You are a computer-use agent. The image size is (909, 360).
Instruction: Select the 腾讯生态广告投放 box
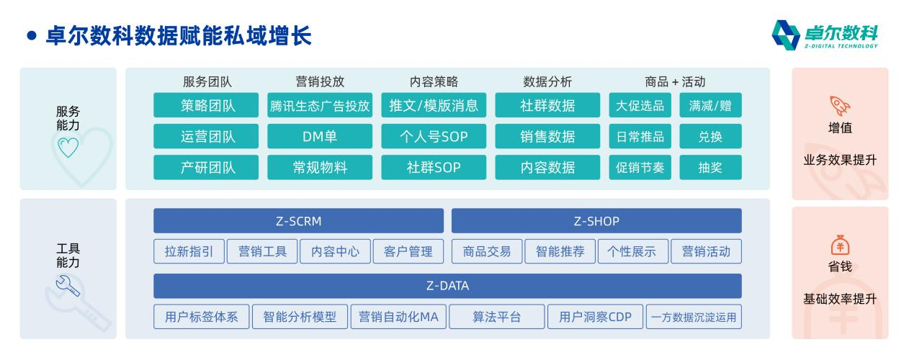click(x=320, y=106)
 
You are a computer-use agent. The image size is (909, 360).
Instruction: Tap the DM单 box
click(x=320, y=136)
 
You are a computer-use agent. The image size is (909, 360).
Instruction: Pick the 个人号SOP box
click(x=433, y=136)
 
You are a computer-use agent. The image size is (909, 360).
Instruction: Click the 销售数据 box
click(x=547, y=136)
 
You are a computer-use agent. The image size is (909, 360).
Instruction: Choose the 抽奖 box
click(x=709, y=168)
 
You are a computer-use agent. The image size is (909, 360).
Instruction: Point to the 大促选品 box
click(x=640, y=106)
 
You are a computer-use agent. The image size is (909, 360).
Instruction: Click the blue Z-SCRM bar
click(x=298, y=221)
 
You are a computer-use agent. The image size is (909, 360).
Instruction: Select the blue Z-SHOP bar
click(x=596, y=221)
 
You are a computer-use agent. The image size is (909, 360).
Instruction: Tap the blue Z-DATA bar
click(x=447, y=286)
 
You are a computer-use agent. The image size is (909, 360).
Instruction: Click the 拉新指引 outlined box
click(x=189, y=251)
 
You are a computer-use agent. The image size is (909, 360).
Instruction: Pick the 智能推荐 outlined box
click(x=560, y=251)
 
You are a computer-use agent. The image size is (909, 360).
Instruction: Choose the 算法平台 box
click(x=496, y=317)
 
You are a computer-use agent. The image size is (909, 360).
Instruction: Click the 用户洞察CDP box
click(x=595, y=317)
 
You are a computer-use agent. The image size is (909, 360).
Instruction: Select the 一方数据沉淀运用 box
click(x=694, y=317)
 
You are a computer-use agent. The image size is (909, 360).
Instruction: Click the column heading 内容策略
click(x=433, y=82)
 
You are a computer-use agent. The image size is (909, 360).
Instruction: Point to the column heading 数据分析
click(x=547, y=82)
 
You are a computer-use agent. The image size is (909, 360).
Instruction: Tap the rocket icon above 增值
click(x=839, y=106)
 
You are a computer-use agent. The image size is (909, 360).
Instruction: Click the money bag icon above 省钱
click(x=839, y=245)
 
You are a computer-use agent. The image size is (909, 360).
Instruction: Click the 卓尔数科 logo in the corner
click(x=825, y=34)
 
